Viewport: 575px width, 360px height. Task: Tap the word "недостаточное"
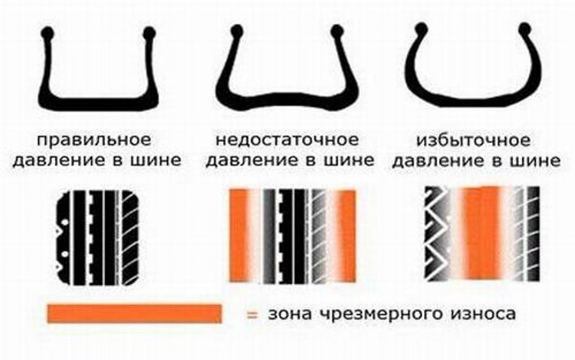pyautogui.click(x=287, y=139)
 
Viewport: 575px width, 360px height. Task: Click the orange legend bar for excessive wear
pyautogui.click(x=134, y=313)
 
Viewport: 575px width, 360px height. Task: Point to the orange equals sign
pyautogui.click(x=252, y=314)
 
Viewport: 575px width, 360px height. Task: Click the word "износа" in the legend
pyautogui.click(x=483, y=314)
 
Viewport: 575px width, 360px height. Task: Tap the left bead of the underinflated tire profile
pyautogui.click(x=236, y=32)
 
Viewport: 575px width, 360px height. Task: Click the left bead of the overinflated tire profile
pyautogui.click(x=421, y=29)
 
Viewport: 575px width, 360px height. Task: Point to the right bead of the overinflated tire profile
pyautogui.click(x=525, y=29)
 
